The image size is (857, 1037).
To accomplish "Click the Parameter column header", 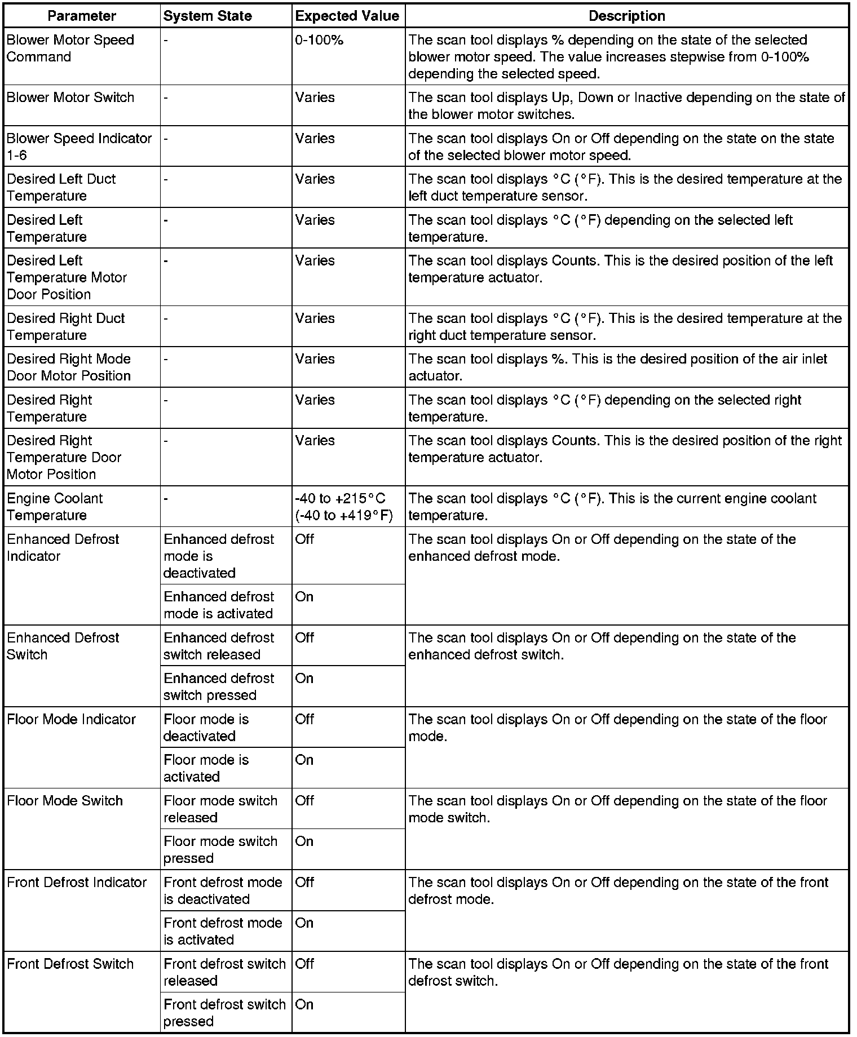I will pos(82,16).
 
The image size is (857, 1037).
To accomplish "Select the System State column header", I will pos(207,16).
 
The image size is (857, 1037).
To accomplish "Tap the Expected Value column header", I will pos(347,16).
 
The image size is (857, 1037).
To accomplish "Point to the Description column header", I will pos(626,16).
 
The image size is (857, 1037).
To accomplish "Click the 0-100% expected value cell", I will pos(319,41).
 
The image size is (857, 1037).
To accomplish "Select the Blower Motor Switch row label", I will pos(70,98).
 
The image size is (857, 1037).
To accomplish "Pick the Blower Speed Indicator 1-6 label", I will pos(79,147).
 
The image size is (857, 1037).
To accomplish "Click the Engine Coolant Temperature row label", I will pos(55,507).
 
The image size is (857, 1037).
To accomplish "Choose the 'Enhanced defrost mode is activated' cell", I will pos(219,605).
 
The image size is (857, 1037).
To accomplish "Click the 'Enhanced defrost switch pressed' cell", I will pos(219,686).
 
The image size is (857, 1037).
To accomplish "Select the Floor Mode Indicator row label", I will pos(72,719).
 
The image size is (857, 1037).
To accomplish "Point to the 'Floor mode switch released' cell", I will pos(220,809).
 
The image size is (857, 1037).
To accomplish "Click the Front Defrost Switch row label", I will pos(70,964).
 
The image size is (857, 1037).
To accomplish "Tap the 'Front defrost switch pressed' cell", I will pos(224,1013).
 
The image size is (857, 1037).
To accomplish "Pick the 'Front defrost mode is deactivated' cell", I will pos(223,890).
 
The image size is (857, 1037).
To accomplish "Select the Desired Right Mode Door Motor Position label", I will pos(69,367).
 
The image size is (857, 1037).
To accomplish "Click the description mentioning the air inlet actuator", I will pos(617,367).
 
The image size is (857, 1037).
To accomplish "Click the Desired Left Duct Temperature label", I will pos(61,187).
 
